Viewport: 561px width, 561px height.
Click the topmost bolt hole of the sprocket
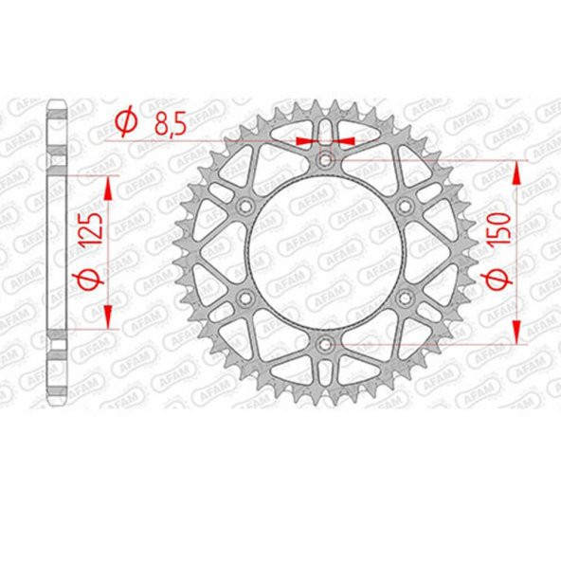(x=326, y=158)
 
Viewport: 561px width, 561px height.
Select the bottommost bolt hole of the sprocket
(x=326, y=343)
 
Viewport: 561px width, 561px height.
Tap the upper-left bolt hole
(x=246, y=205)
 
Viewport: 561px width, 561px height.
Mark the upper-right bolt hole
(x=406, y=205)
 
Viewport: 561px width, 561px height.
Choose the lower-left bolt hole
(x=246, y=298)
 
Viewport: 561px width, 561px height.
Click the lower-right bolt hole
(x=406, y=298)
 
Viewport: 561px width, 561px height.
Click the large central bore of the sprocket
(x=326, y=251)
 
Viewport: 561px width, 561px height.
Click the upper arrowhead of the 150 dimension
(x=516, y=172)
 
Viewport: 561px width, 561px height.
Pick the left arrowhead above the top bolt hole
(x=305, y=140)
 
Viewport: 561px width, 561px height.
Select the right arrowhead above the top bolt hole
(x=346, y=140)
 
